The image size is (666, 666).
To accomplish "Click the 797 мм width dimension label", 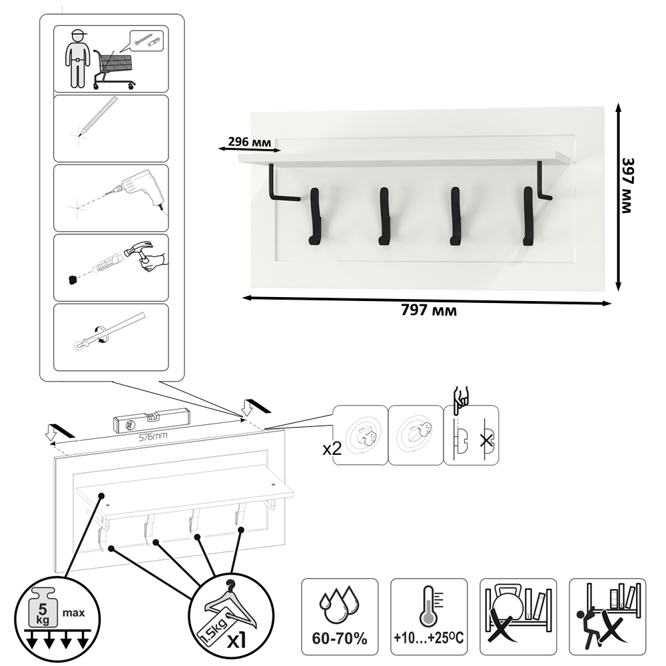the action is click(x=429, y=310).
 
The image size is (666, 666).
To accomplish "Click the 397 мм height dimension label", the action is click(x=627, y=186).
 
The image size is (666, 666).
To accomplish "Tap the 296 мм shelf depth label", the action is click(x=249, y=141).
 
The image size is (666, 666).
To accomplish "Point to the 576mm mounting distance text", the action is click(x=153, y=436).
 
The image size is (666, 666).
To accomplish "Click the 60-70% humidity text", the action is click(x=340, y=639).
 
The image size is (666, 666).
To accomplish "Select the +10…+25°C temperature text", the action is click(x=428, y=638).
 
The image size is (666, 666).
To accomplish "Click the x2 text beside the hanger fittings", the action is click(x=332, y=449).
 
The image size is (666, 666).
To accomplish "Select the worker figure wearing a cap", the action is click(x=77, y=59).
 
